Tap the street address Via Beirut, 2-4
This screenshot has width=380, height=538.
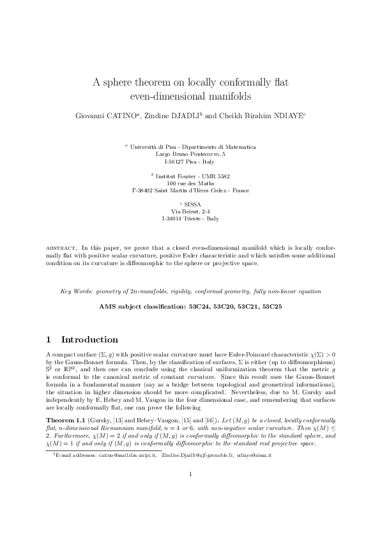click(190, 211)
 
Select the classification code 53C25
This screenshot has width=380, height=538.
click(270, 307)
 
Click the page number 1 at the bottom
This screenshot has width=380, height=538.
click(190, 509)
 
